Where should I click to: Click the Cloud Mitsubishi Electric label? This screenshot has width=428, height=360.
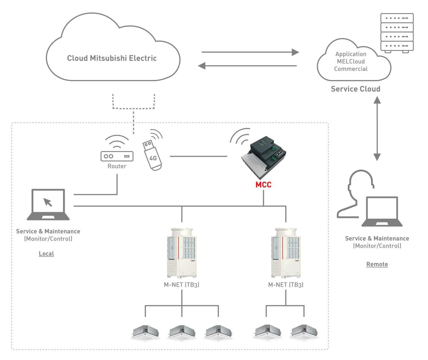point(112,58)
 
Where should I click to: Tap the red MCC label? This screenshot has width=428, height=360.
point(263,185)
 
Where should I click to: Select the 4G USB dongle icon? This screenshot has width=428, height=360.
point(152,155)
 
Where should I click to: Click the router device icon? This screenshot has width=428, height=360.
point(117,156)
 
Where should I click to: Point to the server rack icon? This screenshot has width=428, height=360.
point(397,32)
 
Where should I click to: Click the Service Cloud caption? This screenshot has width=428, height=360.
point(355,89)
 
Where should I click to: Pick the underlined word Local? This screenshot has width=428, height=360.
point(46,254)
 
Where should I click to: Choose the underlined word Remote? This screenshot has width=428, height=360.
point(377,264)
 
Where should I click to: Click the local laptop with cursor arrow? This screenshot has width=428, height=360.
point(48,204)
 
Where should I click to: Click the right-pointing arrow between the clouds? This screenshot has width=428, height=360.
point(250,52)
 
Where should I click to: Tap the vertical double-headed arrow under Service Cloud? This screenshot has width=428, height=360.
point(377,129)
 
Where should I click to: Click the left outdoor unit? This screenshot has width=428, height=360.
point(182,253)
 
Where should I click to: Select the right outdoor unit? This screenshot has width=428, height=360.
point(286,253)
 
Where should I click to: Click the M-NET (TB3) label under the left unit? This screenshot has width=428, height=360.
point(182,285)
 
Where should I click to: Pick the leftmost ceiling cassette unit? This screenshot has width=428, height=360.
point(145,333)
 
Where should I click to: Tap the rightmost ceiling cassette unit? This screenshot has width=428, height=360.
point(304,333)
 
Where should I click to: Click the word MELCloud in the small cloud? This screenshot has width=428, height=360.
point(351,62)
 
